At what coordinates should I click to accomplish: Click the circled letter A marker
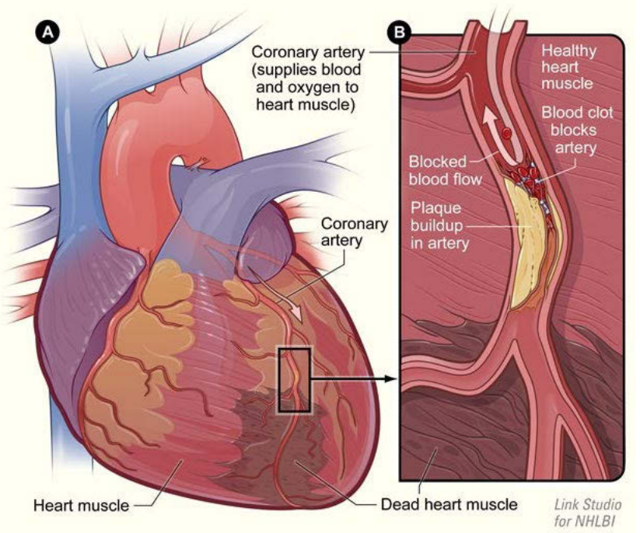pyautogui.click(x=47, y=32)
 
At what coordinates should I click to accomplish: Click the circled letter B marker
pyautogui.click(x=400, y=32)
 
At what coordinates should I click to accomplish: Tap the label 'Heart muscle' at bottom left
pyautogui.click(x=81, y=505)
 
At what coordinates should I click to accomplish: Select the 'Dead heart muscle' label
pyautogui.click(x=449, y=504)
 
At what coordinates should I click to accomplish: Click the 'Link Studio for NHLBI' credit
pyautogui.click(x=587, y=513)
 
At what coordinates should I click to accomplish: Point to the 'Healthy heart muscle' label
pyautogui.click(x=568, y=68)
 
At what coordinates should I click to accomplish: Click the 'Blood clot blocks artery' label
pyautogui.click(x=577, y=130)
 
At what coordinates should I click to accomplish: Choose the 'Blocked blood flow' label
pyautogui.click(x=445, y=170)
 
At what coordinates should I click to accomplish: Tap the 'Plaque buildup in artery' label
pyautogui.click(x=439, y=225)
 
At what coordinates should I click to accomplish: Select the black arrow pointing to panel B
pyautogui.click(x=354, y=379)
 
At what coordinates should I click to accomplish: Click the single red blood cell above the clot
pyautogui.click(x=507, y=133)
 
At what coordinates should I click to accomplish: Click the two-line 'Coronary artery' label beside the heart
pyautogui.click(x=354, y=232)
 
